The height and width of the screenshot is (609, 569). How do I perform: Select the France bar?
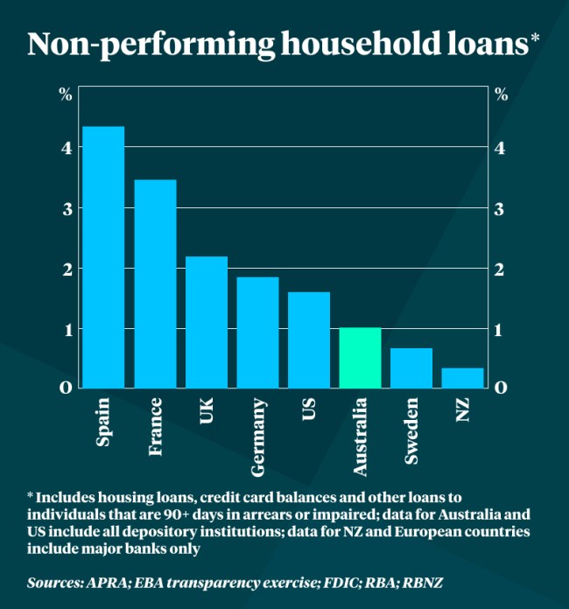point(155,283)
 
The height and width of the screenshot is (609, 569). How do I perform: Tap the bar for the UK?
point(207,322)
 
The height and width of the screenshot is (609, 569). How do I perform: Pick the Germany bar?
point(257,332)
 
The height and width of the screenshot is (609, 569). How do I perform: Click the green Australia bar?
point(360,357)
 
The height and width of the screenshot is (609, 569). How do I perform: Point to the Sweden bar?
point(411,367)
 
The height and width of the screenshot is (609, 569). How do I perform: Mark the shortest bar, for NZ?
point(462,377)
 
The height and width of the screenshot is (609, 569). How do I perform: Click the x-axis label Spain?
point(103,423)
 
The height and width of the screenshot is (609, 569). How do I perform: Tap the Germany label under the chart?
point(258,437)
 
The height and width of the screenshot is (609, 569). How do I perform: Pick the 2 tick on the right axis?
point(500,269)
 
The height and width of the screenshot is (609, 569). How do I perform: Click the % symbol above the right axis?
point(501,95)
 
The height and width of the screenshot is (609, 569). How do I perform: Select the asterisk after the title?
point(535,40)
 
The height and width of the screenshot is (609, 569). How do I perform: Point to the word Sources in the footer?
point(55,582)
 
